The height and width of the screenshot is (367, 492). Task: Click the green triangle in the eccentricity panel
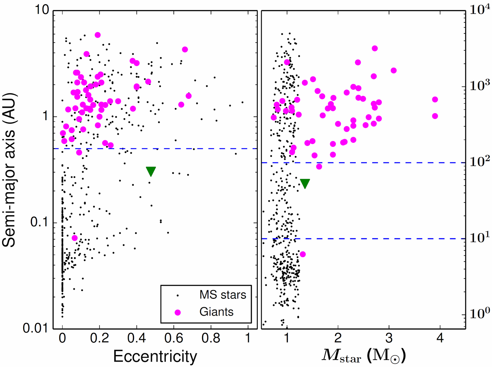click(x=151, y=171)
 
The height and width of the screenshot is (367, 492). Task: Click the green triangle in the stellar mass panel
click(x=305, y=183)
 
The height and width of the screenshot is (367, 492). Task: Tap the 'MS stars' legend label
click(x=223, y=295)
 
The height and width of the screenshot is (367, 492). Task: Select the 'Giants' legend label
click(x=216, y=312)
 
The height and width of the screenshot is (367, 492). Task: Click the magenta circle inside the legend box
click(x=177, y=312)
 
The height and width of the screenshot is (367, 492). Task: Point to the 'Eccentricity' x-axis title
click(x=155, y=356)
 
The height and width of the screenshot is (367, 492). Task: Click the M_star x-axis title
click(x=364, y=356)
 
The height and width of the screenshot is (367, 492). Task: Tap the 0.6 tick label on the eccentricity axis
click(x=173, y=338)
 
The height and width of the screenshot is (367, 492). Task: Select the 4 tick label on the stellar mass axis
click(x=440, y=338)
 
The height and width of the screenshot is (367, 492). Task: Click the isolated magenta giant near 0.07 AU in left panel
click(x=75, y=238)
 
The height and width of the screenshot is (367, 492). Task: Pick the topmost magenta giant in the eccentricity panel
click(x=97, y=35)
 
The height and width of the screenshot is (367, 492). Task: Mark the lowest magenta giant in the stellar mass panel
click(x=303, y=254)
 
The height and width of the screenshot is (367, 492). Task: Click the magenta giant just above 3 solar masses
click(x=394, y=71)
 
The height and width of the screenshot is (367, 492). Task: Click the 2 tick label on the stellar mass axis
click(x=338, y=338)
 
